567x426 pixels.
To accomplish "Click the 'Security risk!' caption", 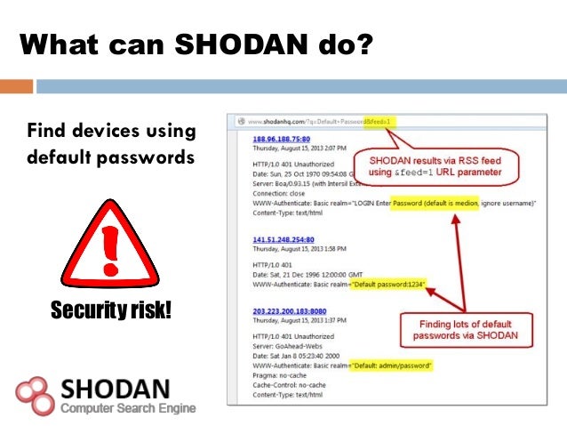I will click(x=111, y=310).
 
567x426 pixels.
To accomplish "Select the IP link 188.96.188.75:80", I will click(x=282, y=139).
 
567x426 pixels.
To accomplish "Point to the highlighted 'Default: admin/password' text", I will click(x=391, y=366).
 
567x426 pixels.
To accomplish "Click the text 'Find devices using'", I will click(x=111, y=132).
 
